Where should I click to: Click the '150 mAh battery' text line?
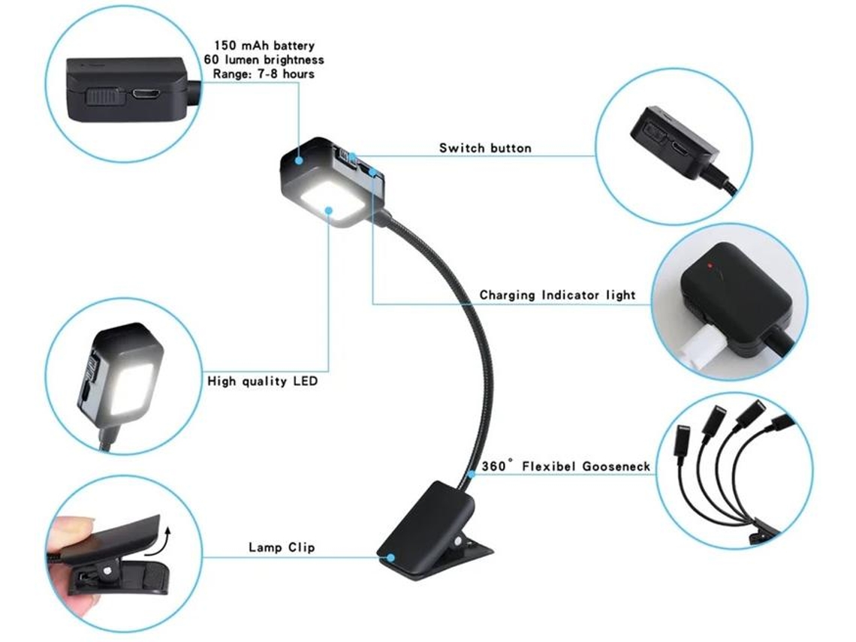click(264, 45)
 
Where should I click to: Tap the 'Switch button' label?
click(485, 148)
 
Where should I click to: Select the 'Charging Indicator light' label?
click(557, 295)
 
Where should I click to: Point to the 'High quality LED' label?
click(263, 381)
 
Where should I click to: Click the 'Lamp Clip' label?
click(282, 547)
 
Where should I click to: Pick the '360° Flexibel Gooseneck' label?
click(566, 466)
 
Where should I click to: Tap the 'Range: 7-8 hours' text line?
click(264, 74)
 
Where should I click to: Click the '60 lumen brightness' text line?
click(264, 59)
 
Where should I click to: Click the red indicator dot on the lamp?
click(710, 266)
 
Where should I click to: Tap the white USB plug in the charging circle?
click(703, 347)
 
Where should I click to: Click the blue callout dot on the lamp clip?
click(391, 558)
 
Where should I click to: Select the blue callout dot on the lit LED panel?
click(329, 209)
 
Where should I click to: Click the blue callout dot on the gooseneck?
click(471, 474)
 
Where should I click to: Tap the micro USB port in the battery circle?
click(145, 95)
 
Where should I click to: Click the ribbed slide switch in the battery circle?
click(103, 97)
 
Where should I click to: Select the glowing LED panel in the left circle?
click(131, 387)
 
